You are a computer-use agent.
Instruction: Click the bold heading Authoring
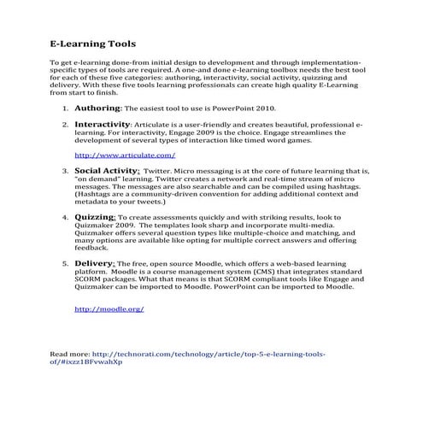coord(98,109)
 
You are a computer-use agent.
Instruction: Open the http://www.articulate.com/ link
coord(125,156)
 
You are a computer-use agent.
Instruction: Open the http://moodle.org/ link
coord(109,308)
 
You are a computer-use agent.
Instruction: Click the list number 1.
coord(66,110)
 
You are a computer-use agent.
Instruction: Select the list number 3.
coord(66,172)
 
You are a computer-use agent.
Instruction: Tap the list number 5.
coord(66,265)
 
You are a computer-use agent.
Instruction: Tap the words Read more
coord(69,353)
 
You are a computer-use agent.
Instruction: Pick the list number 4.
coord(66,219)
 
